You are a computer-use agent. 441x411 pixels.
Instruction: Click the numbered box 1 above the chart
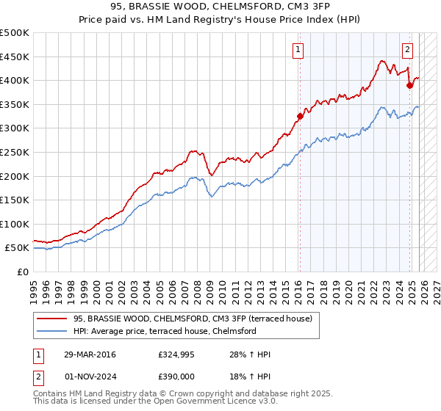point(298,50)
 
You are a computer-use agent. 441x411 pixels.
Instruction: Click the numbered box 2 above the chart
point(407,50)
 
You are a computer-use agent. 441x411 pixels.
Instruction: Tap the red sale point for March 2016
point(300,115)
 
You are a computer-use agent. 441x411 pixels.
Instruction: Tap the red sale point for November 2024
point(409,84)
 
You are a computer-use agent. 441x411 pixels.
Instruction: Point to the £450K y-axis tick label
point(15,57)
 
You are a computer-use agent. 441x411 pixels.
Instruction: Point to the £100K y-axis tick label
point(15,224)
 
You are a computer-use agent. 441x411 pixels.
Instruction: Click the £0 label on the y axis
point(22,272)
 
